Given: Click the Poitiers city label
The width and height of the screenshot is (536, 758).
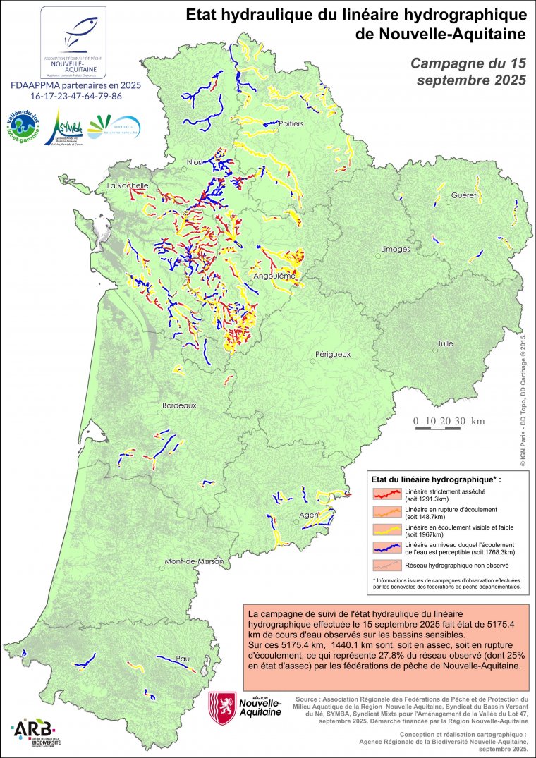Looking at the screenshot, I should coord(291,123).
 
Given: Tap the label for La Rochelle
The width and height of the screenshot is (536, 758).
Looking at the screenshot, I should coord(127,185).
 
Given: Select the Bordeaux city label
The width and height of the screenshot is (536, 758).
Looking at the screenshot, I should coord(179,406).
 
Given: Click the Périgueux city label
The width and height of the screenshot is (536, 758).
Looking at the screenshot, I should coord(334,354).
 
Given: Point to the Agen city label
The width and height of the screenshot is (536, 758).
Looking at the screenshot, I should coord(308,515).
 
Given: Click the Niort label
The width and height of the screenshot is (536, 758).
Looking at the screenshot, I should coord(194,163).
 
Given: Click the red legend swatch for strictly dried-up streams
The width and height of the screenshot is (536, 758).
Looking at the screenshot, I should coord(387,493).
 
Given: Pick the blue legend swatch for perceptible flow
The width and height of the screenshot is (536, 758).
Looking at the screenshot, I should coord(387,547).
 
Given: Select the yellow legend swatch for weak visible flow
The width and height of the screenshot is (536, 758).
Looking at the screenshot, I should coord(387,529).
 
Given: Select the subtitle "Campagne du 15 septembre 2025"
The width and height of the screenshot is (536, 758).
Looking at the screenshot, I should coord(468,71).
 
